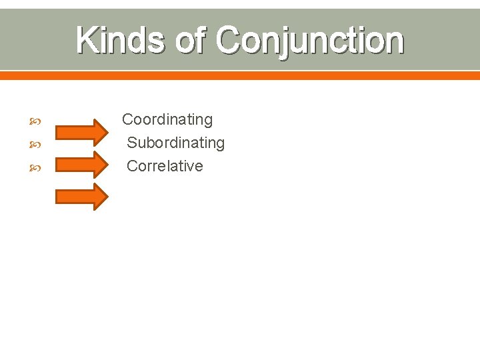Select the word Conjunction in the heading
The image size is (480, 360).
tap(310, 41)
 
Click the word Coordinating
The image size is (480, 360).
tap(167, 120)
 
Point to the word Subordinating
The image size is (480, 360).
tap(176, 143)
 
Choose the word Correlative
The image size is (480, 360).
tap(165, 166)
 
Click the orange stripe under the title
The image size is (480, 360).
tap(240, 75)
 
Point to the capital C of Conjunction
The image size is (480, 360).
tap(229, 41)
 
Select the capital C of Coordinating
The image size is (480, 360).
tap(127, 120)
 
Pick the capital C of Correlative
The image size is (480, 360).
tap(132, 166)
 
